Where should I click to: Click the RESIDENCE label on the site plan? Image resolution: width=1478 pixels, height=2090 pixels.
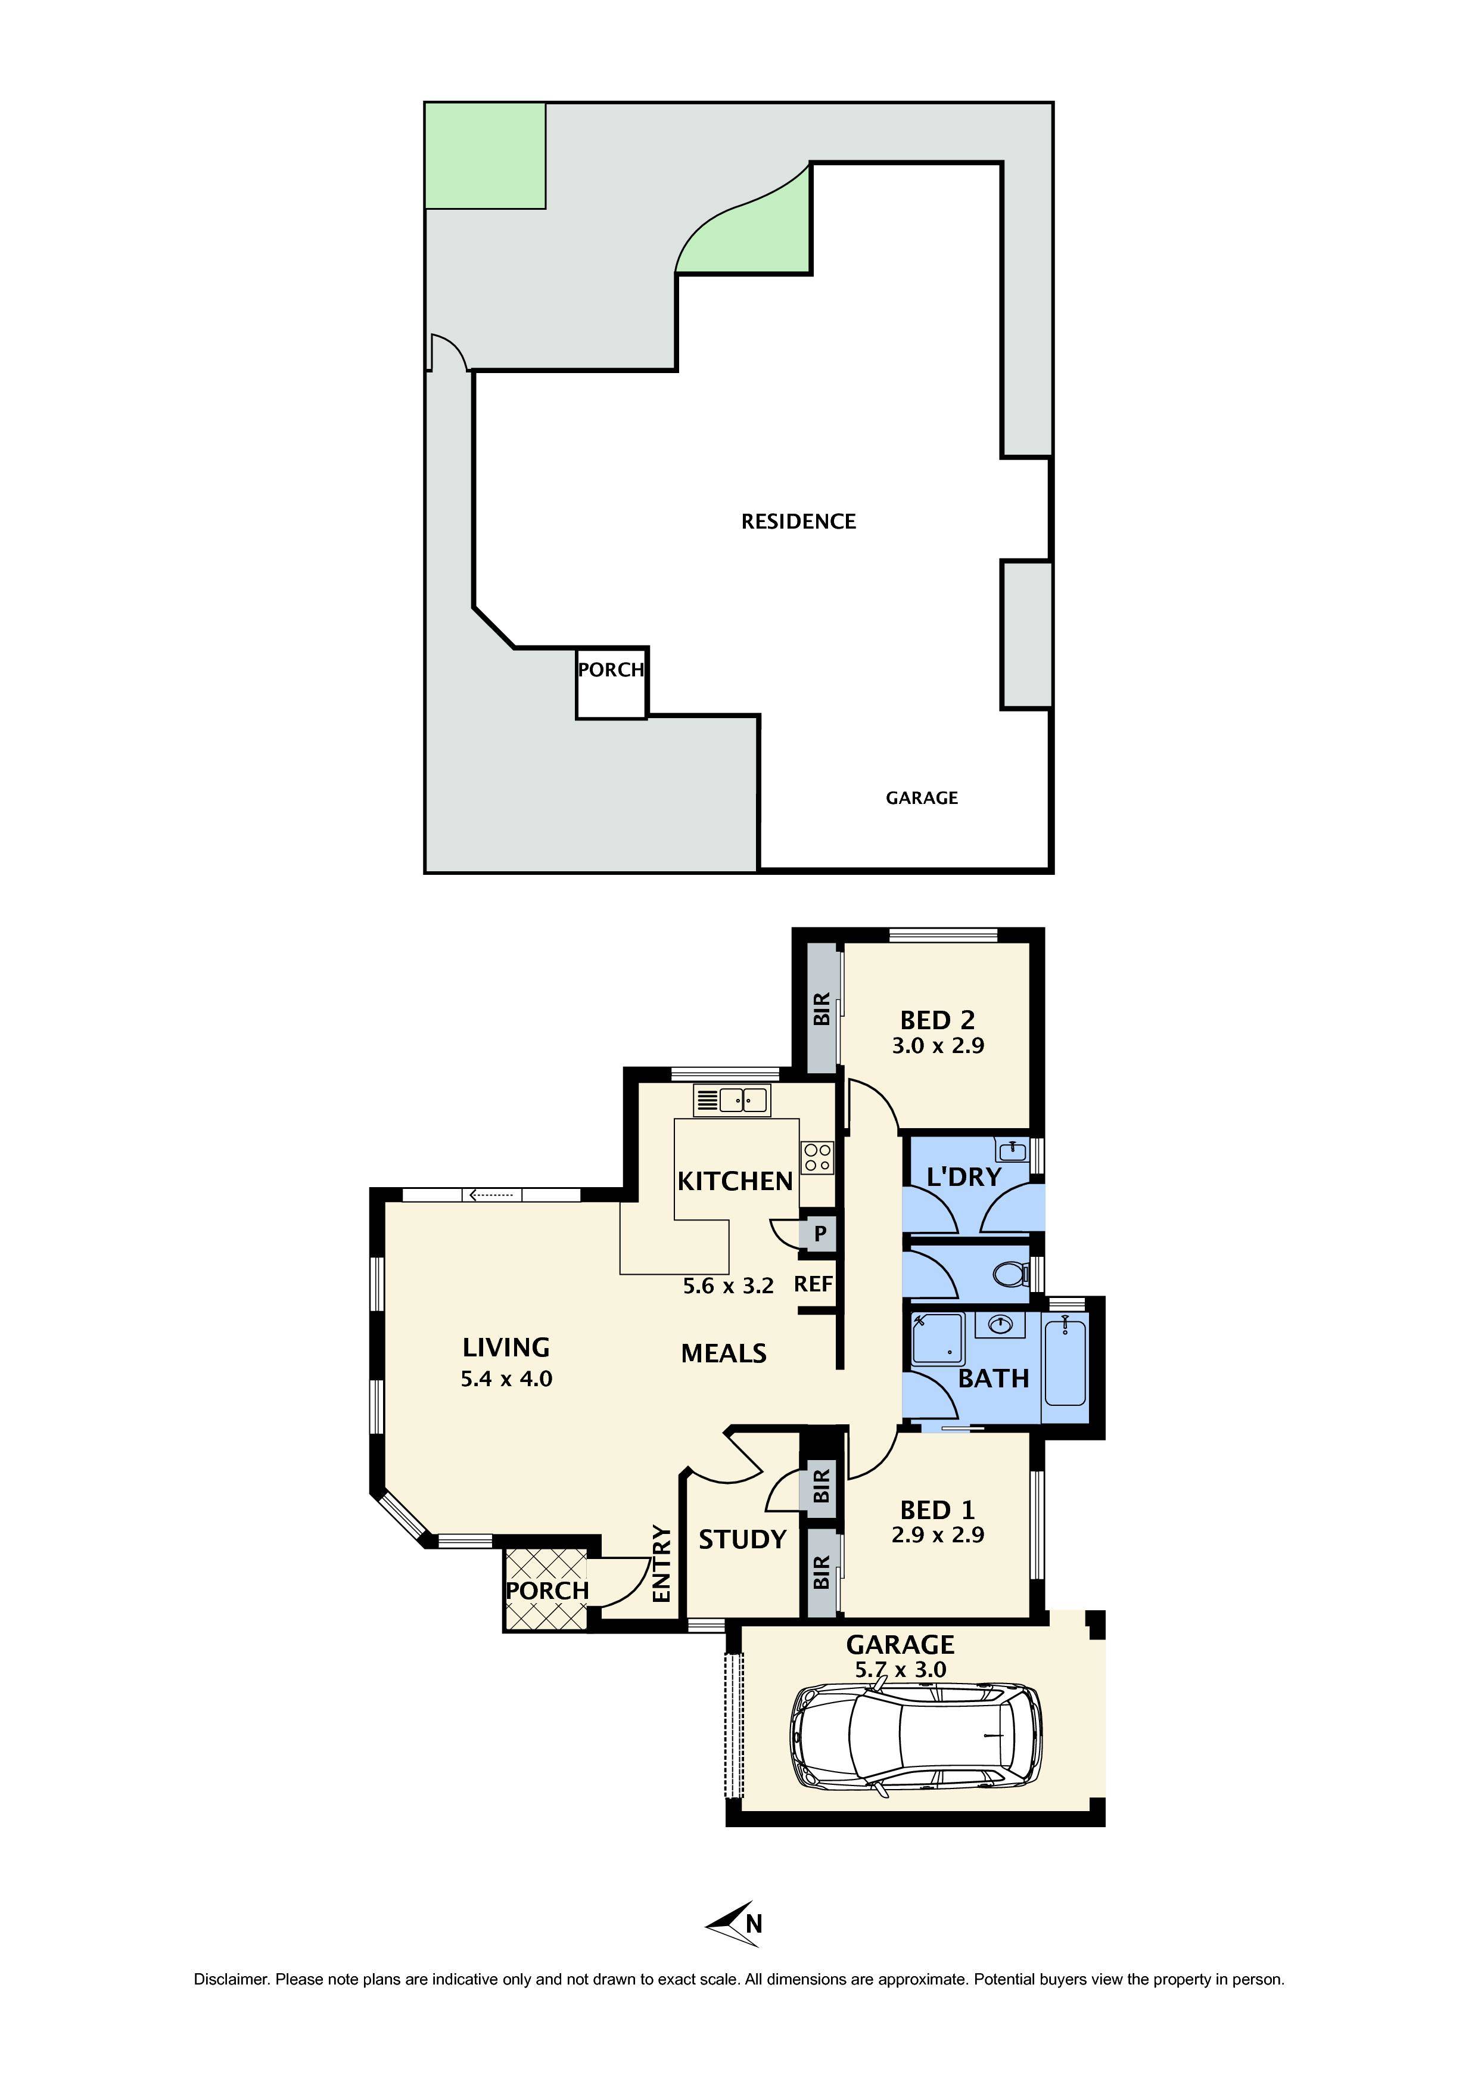click(798, 521)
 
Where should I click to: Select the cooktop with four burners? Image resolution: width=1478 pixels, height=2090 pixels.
click(816, 1157)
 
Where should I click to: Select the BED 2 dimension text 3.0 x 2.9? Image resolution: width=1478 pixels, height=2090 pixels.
click(938, 1046)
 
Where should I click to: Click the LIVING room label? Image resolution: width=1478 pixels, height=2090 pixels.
click(506, 1347)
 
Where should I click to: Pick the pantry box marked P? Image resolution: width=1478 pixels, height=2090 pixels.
click(819, 1234)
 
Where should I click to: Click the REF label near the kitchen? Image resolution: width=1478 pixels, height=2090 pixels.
click(813, 1284)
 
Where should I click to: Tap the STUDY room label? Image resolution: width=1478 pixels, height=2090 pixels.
click(742, 1539)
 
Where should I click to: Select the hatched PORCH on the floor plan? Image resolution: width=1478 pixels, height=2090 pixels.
click(546, 1590)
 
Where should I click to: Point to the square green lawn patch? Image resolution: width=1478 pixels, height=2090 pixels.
click(485, 156)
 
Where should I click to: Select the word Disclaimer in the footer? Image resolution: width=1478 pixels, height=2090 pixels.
click(231, 1979)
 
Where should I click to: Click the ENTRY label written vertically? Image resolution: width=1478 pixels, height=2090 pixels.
click(662, 1565)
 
